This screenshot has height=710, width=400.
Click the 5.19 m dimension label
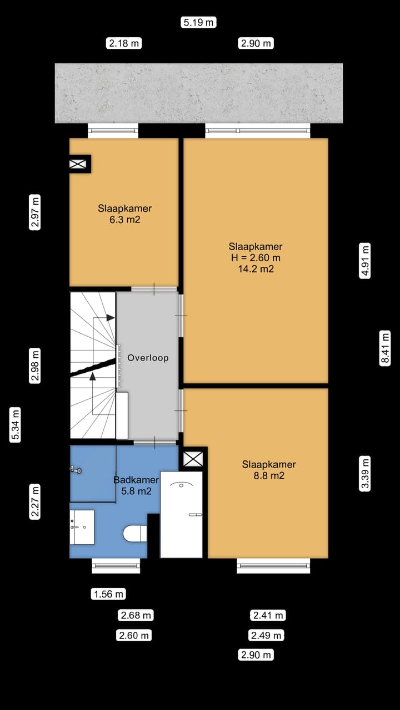pyautogui.click(x=199, y=23)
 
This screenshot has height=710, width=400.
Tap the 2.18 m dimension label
pyautogui.click(x=124, y=43)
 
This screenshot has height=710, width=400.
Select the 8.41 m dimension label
pyautogui.click(x=385, y=348)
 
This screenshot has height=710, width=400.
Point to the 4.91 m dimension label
pyautogui.click(x=365, y=261)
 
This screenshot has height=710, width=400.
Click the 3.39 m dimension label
pyautogui.click(x=365, y=474)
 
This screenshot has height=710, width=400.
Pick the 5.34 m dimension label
pyautogui.click(x=15, y=425)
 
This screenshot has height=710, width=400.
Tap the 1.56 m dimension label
pyautogui.click(x=108, y=594)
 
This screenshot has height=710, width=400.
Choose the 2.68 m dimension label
pyautogui.click(x=136, y=615)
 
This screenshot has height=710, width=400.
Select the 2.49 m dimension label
pyautogui.click(x=266, y=635)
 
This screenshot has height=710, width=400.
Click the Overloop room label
pyautogui.click(x=148, y=358)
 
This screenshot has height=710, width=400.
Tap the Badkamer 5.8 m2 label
pyautogui.click(x=136, y=485)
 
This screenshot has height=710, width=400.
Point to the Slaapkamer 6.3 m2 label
pyautogui.click(x=125, y=214)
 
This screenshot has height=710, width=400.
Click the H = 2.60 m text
pyautogui.click(x=256, y=258)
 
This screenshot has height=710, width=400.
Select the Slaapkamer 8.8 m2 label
pyautogui.click(x=269, y=470)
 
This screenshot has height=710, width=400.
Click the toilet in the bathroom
pyautogui.click(x=135, y=534)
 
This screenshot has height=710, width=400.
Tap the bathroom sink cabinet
pyautogui.click(x=82, y=527)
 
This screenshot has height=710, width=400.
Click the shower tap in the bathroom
pyautogui.click(x=76, y=470)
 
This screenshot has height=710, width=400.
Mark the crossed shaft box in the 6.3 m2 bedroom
pyautogui.click(x=78, y=164)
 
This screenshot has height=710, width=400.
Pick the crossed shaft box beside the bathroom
pyautogui.click(x=193, y=459)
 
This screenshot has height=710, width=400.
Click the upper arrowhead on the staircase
pyautogui.click(x=110, y=317)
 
